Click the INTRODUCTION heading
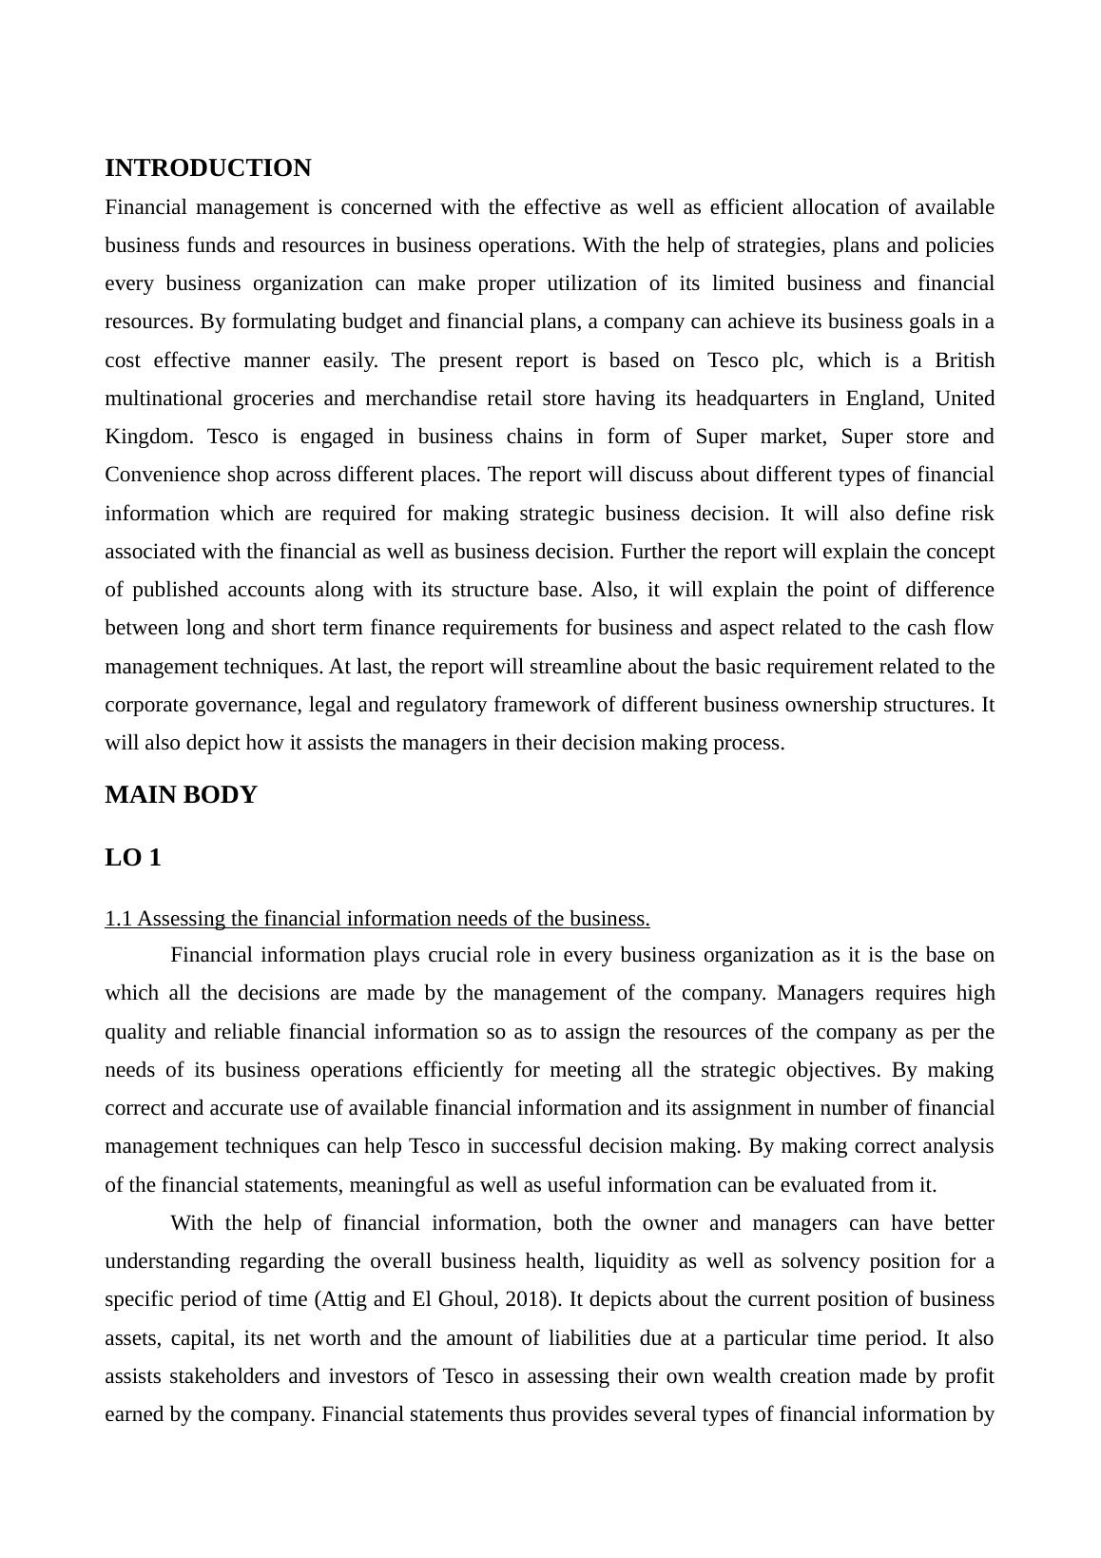tap(207, 168)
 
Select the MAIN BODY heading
tap(181, 795)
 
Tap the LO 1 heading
tap(133, 858)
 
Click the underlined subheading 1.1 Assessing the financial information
tap(377, 919)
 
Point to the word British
tap(964, 360)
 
